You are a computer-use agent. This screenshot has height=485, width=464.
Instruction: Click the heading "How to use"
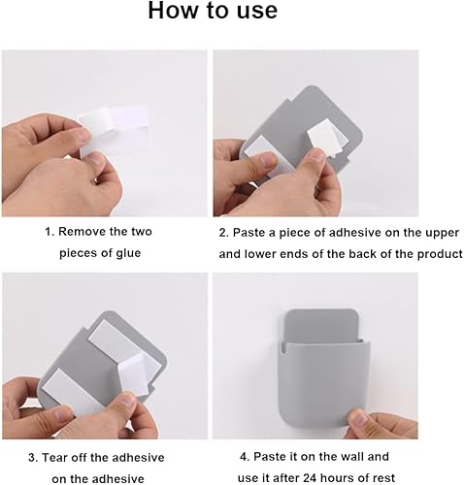tap(213, 11)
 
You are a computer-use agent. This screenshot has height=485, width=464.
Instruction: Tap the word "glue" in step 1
tap(128, 253)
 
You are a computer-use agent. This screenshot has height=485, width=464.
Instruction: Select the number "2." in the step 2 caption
tap(224, 233)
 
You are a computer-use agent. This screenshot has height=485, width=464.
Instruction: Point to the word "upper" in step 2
tap(442, 234)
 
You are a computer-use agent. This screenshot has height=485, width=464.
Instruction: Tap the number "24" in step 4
tap(310, 478)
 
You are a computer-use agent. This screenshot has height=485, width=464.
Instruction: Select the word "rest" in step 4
tap(383, 478)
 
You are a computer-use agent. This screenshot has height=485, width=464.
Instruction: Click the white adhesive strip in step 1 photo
tap(113, 129)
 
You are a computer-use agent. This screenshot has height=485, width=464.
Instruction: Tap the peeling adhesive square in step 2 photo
tap(326, 137)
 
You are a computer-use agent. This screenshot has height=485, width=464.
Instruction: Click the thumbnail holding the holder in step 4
tap(358, 421)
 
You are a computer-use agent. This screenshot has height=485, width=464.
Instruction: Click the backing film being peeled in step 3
tap(135, 372)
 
